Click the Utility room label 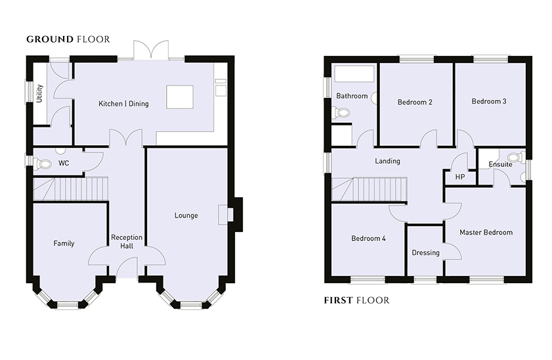click(x=39, y=93)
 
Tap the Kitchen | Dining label click(x=123, y=104)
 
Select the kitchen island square click(x=180, y=97)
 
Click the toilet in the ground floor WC click(x=43, y=164)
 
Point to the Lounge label click(x=186, y=215)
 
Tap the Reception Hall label click(x=127, y=242)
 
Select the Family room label click(x=64, y=243)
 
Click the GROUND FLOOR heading click(x=68, y=39)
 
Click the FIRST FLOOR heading click(x=356, y=300)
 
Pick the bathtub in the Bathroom click(x=354, y=74)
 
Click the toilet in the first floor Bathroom click(x=341, y=113)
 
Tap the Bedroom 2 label click(x=415, y=102)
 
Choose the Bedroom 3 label click(x=489, y=101)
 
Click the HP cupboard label click(x=459, y=177)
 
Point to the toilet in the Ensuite click(x=517, y=157)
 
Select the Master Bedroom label click(x=486, y=233)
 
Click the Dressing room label click(x=425, y=252)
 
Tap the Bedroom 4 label click(x=368, y=238)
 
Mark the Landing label click(x=387, y=161)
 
